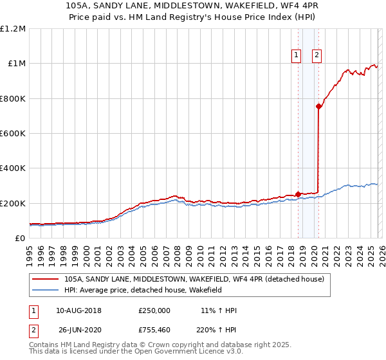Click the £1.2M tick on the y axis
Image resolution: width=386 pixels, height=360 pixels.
[13, 29]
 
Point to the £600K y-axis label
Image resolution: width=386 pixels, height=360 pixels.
[13, 134]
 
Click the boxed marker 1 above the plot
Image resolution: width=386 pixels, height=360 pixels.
[296, 55]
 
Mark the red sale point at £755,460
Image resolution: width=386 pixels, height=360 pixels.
[319, 107]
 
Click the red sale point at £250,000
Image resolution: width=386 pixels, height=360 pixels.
[298, 194]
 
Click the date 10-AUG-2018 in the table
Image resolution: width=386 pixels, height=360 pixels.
[78, 310]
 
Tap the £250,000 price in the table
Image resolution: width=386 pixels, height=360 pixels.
[154, 310]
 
